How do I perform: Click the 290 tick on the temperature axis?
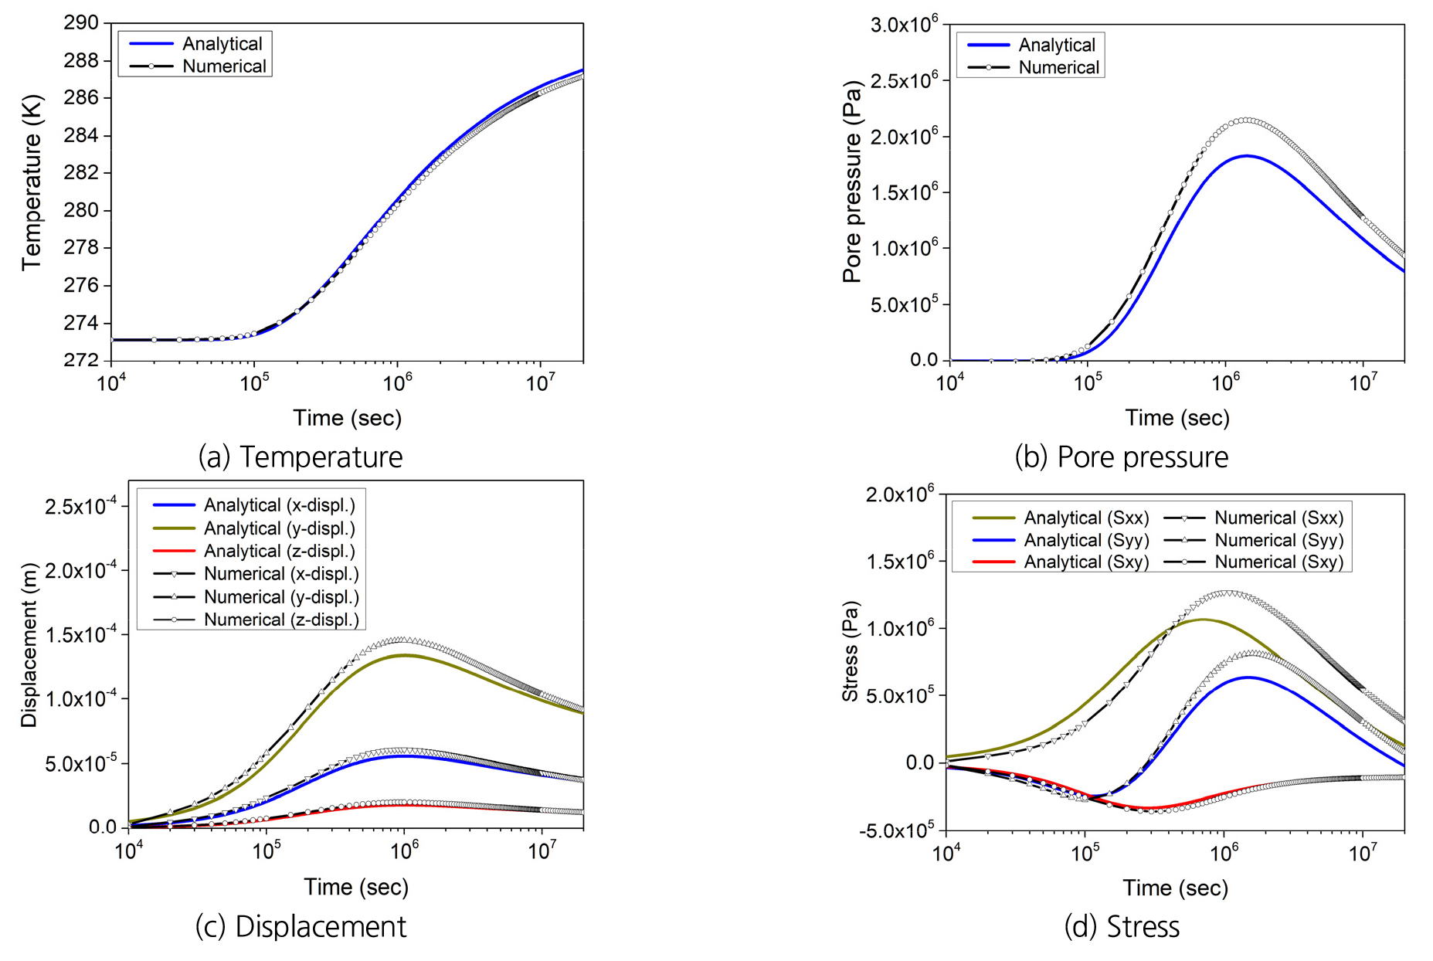(x=81, y=23)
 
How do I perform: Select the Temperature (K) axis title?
(x=32, y=182)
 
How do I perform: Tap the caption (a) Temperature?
(x=301, y=457)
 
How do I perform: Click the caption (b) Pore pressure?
(x=1121, y=457)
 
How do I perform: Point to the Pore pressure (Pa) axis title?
(x=851, y=182)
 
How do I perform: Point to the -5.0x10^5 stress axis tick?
(x=896, y=830)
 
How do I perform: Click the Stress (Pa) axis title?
(x=851, y=650)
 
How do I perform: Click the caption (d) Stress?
(x=1122, y=926)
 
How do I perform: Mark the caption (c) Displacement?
(x=301, y=926)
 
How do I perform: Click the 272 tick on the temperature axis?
(x=81, y=361)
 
